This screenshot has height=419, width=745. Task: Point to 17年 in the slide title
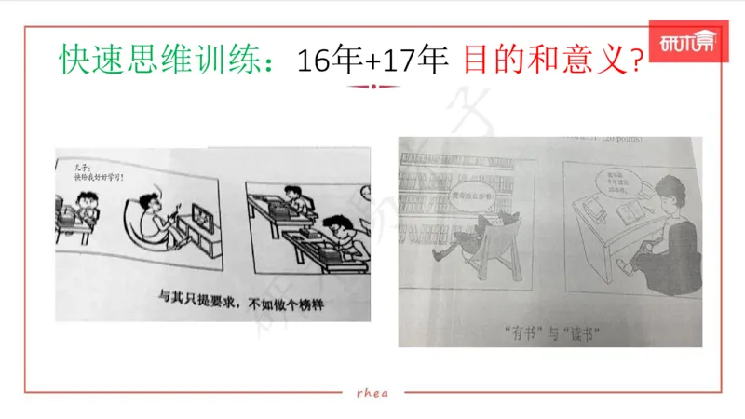417,61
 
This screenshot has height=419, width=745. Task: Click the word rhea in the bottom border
372,392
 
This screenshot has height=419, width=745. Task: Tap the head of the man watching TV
151,203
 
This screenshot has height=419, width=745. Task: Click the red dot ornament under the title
372,87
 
